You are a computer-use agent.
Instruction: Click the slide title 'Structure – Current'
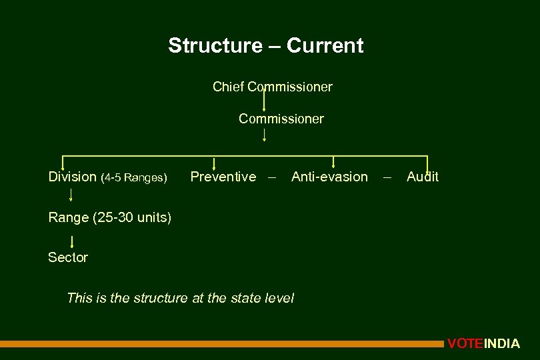tap(265, 46)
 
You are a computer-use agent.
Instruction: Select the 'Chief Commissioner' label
tap(272, 87)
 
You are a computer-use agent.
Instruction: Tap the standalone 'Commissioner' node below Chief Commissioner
tap(281, 119)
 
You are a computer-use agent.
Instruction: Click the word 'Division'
tap(72, 177)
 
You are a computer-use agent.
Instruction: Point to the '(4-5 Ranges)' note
tap(133, 177)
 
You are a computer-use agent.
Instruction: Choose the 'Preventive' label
tap(223, 177)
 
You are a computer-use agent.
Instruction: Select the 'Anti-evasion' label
tap(329, 177)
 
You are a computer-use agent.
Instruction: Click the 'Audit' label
tap(422, 177)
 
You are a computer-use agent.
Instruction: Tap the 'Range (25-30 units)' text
tap(109, 217)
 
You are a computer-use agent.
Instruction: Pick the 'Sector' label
tap(68, 257)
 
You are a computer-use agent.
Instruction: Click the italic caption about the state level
tap(180, 298)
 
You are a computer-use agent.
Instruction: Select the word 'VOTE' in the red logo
tap(465, 344)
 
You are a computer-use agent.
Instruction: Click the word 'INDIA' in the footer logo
tap(501, 344)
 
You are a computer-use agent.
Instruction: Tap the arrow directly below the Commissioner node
tap(265, 135)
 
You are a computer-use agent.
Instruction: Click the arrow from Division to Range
tap(71, 195)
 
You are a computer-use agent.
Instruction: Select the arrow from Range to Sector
tap(71, 241)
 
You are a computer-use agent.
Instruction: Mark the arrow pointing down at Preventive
tap(213, 163)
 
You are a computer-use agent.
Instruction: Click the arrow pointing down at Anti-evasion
tap(333, 162)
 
